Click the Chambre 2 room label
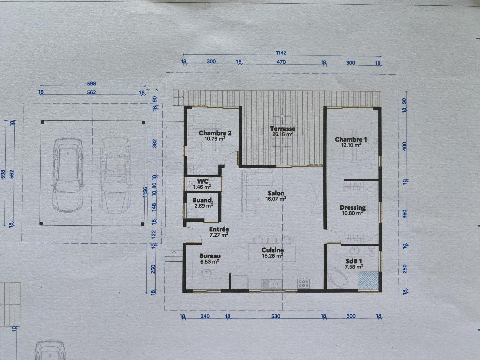[x=215, y=133]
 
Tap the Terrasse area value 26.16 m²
[x=282, y=134]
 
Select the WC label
[x=202, y=181]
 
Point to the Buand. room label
[x=203, y=200]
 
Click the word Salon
[x=276, y=193]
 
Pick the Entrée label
[x=219, y=229]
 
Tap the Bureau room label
[x=210, y=256]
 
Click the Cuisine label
[x=272, y=250]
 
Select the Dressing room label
[x=352, y=208]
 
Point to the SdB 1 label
[x=352, y=261]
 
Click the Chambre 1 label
[x=351, y=139]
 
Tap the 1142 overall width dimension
[x=281, y=53]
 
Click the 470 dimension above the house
[x=281, y=62]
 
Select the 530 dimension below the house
[x=275, y=316]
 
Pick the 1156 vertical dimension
[x=145, y=192]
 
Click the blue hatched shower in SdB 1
[x=368, y=281]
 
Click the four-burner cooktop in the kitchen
[x=303, y=283]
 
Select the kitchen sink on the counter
[x=271, y=284]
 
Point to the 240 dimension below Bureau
[x=205, y=316]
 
